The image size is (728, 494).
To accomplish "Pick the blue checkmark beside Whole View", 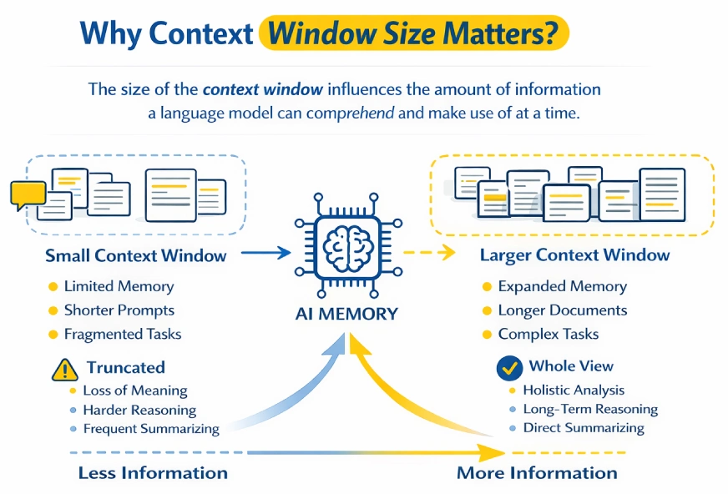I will tap(508, 367).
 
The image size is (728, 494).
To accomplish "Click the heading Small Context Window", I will tap(136, 255).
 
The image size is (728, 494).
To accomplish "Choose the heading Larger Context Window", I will tap(574, 255).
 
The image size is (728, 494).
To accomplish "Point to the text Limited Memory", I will tap(119, 286).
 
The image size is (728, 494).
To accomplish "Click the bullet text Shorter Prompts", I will tap(119, 310).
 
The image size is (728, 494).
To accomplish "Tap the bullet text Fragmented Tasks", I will tap(122, 334).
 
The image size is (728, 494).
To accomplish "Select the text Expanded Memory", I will tap(562, 286).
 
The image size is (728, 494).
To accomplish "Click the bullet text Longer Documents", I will tap(562, 310).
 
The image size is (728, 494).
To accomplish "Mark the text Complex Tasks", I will tap(548, 334).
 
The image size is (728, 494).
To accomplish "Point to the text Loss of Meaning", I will tap(134, 391).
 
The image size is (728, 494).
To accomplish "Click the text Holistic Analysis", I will tap(573, 390).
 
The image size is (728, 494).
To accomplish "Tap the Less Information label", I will tap(153, 472).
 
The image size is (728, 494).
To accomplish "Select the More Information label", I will tap(537, 473).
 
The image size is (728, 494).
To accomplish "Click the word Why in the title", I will tap(111, 33).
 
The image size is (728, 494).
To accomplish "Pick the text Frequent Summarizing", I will tap(150, 429).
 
